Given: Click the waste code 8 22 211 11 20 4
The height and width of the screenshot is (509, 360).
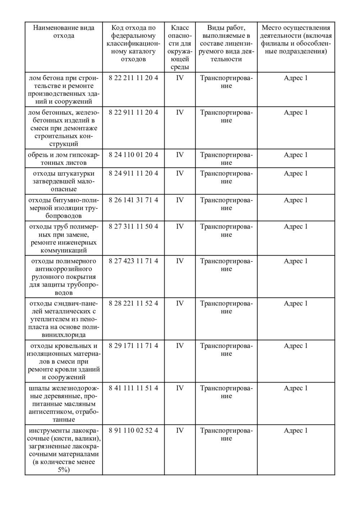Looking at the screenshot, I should (x=133, y=78).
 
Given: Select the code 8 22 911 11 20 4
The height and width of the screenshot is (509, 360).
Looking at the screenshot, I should (x=133, y=113).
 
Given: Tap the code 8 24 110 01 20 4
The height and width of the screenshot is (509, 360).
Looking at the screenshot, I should (x=133, y=155).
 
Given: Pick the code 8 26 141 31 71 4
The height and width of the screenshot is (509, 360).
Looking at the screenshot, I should (x=133, y=200).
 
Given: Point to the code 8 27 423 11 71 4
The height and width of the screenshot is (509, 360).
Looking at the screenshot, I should (x=133, y=261).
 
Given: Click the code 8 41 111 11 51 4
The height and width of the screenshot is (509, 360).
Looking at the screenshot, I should (x=133, y=388).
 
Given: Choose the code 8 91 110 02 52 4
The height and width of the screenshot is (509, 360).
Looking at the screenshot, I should (x=133, y=431).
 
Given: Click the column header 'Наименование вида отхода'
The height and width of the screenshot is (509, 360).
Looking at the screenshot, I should (x=64, y=32).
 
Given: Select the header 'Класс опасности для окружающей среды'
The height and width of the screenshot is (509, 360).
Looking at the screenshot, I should (x=180, y=47).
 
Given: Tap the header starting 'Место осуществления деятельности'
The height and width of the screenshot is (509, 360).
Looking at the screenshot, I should (x=296, y=40).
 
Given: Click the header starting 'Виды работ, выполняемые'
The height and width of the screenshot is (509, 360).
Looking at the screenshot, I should (x=226, y=43).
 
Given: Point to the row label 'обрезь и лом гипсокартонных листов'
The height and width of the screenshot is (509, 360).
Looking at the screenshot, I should (x=64, y=159).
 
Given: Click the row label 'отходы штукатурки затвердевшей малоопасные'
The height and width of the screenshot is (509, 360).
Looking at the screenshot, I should (x=64, y=181).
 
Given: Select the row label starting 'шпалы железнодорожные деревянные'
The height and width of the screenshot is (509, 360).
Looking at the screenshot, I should (x=64, y=404).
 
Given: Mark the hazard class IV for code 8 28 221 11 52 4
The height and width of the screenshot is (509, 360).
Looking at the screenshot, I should (x=180, y=304).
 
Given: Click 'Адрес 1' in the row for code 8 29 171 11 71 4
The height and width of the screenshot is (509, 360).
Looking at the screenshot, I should (x=296, y=346).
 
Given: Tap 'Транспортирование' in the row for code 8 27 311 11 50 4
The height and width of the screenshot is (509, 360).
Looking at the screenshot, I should (x=226, y=231).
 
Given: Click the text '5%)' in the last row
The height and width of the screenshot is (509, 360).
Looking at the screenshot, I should (x=64, y=470).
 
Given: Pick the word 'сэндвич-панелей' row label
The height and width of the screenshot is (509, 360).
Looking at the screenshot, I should (x=64, y=308).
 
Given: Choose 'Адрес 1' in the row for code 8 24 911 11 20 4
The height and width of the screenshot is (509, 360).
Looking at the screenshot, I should (x=296, y=173).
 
